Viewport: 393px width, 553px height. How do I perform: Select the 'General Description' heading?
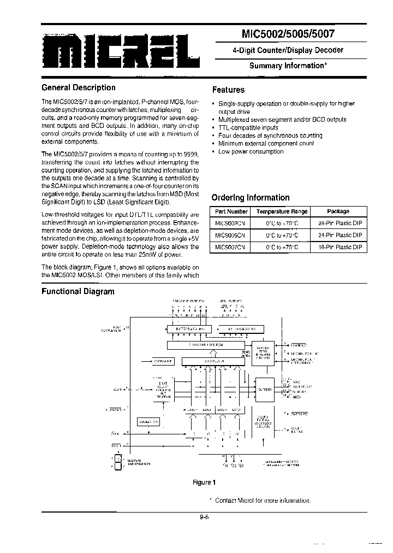click(79, 87)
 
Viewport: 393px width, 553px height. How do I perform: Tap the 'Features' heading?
click(228, 90)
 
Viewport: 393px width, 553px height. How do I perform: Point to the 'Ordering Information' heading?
click(250, 198)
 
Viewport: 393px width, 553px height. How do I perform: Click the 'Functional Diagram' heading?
click(78, 291)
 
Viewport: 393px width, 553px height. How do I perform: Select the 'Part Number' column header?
click(231, 211)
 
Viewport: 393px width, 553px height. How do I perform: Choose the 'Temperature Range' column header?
click(282, 211)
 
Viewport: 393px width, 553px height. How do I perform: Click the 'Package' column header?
click(338, 211)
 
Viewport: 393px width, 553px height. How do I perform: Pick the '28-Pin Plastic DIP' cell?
click(340, 223)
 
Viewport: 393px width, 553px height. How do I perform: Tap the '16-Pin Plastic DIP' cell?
click(340, 247)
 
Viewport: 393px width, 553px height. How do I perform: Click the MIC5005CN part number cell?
click(230, 235)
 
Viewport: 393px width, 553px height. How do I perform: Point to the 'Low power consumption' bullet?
click(251, 152)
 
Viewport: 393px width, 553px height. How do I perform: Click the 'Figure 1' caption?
click(205, 483)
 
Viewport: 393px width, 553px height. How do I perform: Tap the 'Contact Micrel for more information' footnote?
click(262, 501)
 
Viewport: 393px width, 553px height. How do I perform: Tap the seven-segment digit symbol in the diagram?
click(117, 462)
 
